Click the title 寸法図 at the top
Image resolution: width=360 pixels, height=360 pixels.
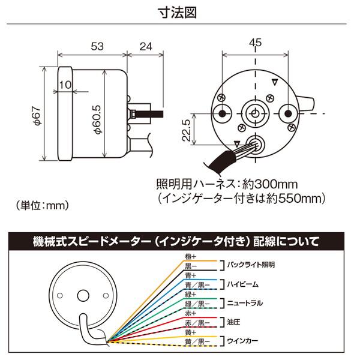180,11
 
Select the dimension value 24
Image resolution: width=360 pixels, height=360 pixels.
146,46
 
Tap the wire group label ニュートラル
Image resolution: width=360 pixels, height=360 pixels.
245,302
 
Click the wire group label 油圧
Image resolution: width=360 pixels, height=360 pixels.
234,321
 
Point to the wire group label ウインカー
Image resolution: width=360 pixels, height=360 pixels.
242,340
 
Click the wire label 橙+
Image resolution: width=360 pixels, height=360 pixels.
191,256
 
